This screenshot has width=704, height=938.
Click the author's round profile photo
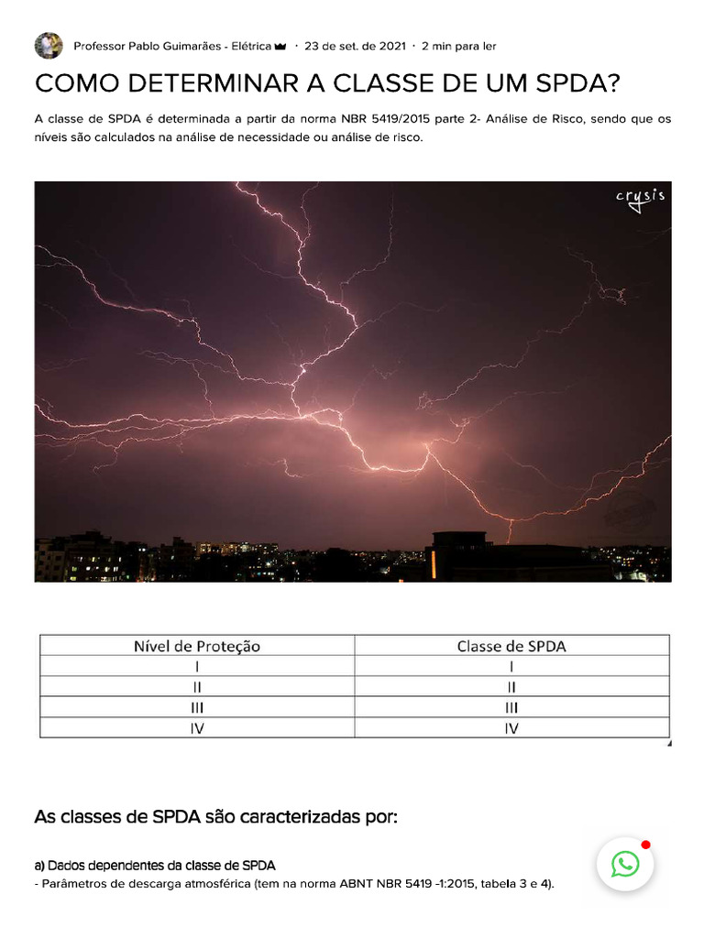49,46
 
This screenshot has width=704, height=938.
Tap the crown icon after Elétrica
280,46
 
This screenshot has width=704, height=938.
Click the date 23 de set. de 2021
355,46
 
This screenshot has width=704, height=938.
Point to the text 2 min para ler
458,46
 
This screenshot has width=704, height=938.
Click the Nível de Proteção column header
197,646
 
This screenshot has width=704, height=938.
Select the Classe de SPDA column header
511,646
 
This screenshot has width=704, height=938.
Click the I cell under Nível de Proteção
197,666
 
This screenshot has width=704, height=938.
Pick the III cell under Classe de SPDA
511,707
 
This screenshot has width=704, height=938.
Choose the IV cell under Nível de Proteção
197,728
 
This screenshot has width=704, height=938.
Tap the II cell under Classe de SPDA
511,686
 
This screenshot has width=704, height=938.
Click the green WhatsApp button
625,863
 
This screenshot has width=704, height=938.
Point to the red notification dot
645,844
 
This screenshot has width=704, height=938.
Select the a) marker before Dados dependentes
39,865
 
